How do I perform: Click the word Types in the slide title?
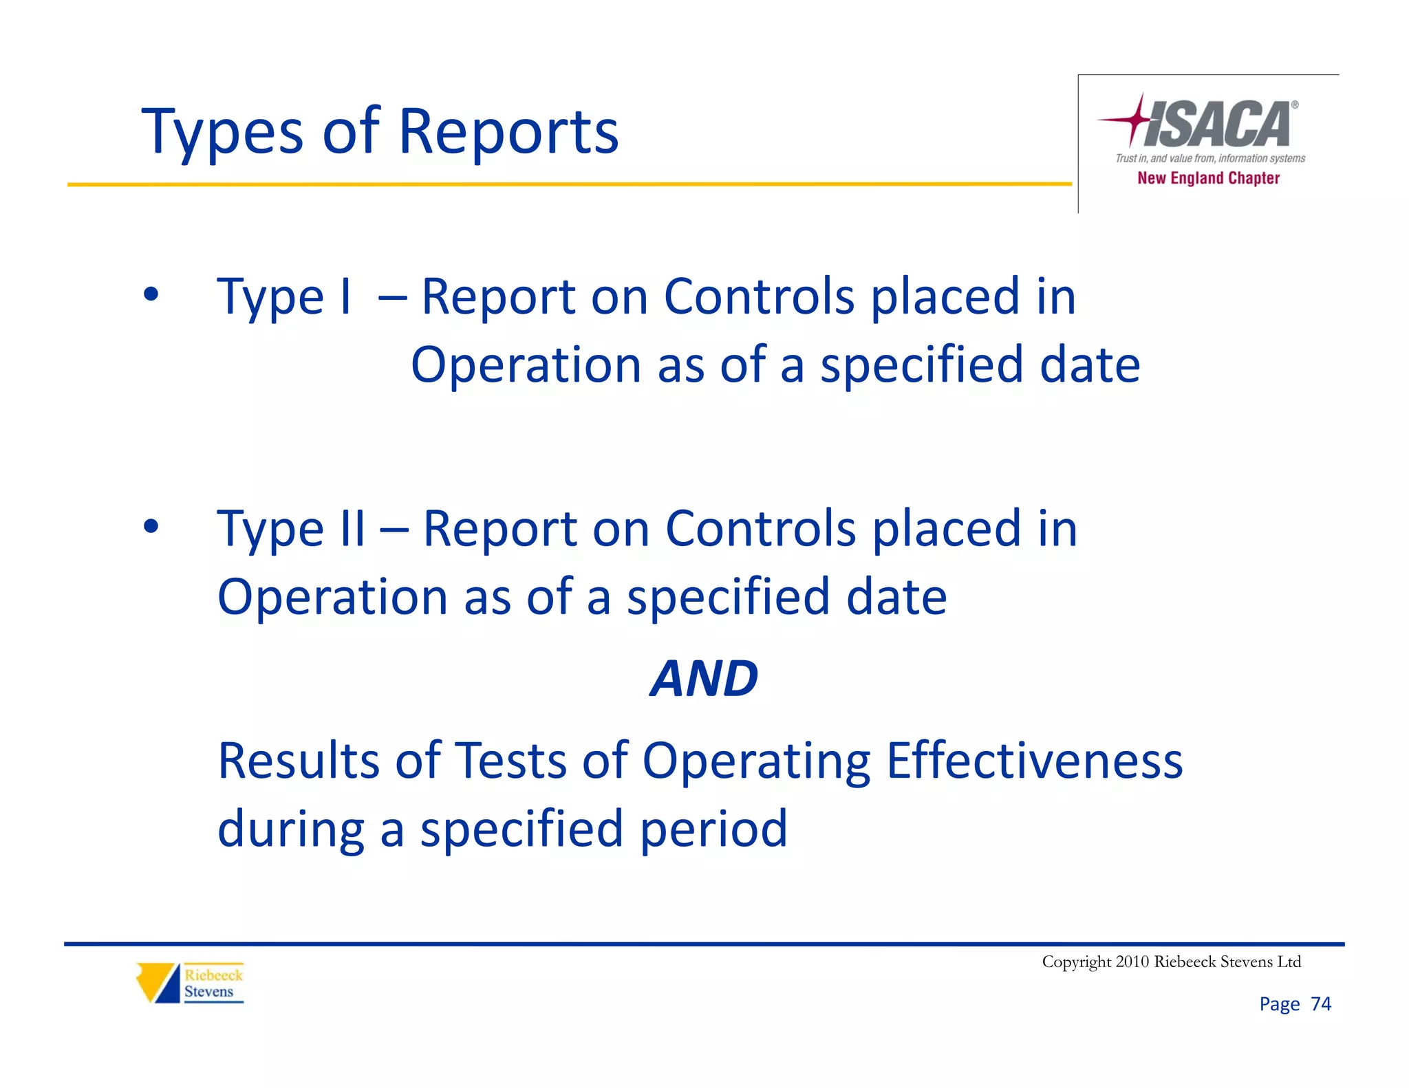[222, 132]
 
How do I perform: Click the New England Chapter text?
[1208, 178]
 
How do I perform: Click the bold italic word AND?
[704, 679]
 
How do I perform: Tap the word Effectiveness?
[1034, 761]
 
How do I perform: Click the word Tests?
[511, 761]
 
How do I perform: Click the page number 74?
[1320, 1004]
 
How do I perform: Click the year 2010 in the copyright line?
[1132, 961]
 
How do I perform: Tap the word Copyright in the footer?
[1076, 962]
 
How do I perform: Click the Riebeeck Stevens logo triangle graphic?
[158, 983]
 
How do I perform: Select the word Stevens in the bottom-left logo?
[208, 992]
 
